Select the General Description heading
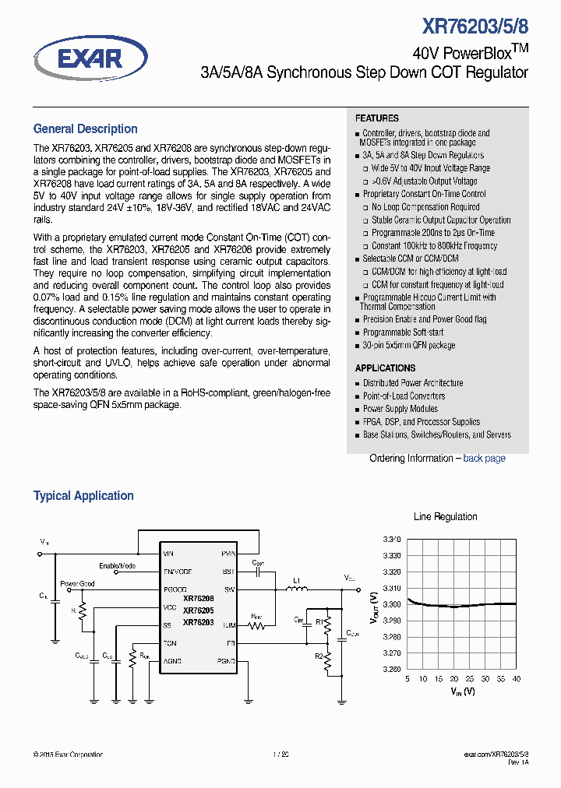pos(85,129)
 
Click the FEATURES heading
pos(377,118)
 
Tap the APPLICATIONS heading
pos(385,368)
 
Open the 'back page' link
pos(484,459)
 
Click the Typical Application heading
pos(83,496)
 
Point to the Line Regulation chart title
pos(445,516)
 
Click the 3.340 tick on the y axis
pos(392,540)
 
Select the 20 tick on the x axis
pos(453,679)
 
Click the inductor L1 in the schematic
pos(296,589)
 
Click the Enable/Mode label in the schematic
pos(117,565)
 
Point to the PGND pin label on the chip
pos(227,661)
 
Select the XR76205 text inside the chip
pos(198,610)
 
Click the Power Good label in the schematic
pos(77,583)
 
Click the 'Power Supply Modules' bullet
pos(400,409)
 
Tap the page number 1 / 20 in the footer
pos(280,755)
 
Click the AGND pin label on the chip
pos(172,661)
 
